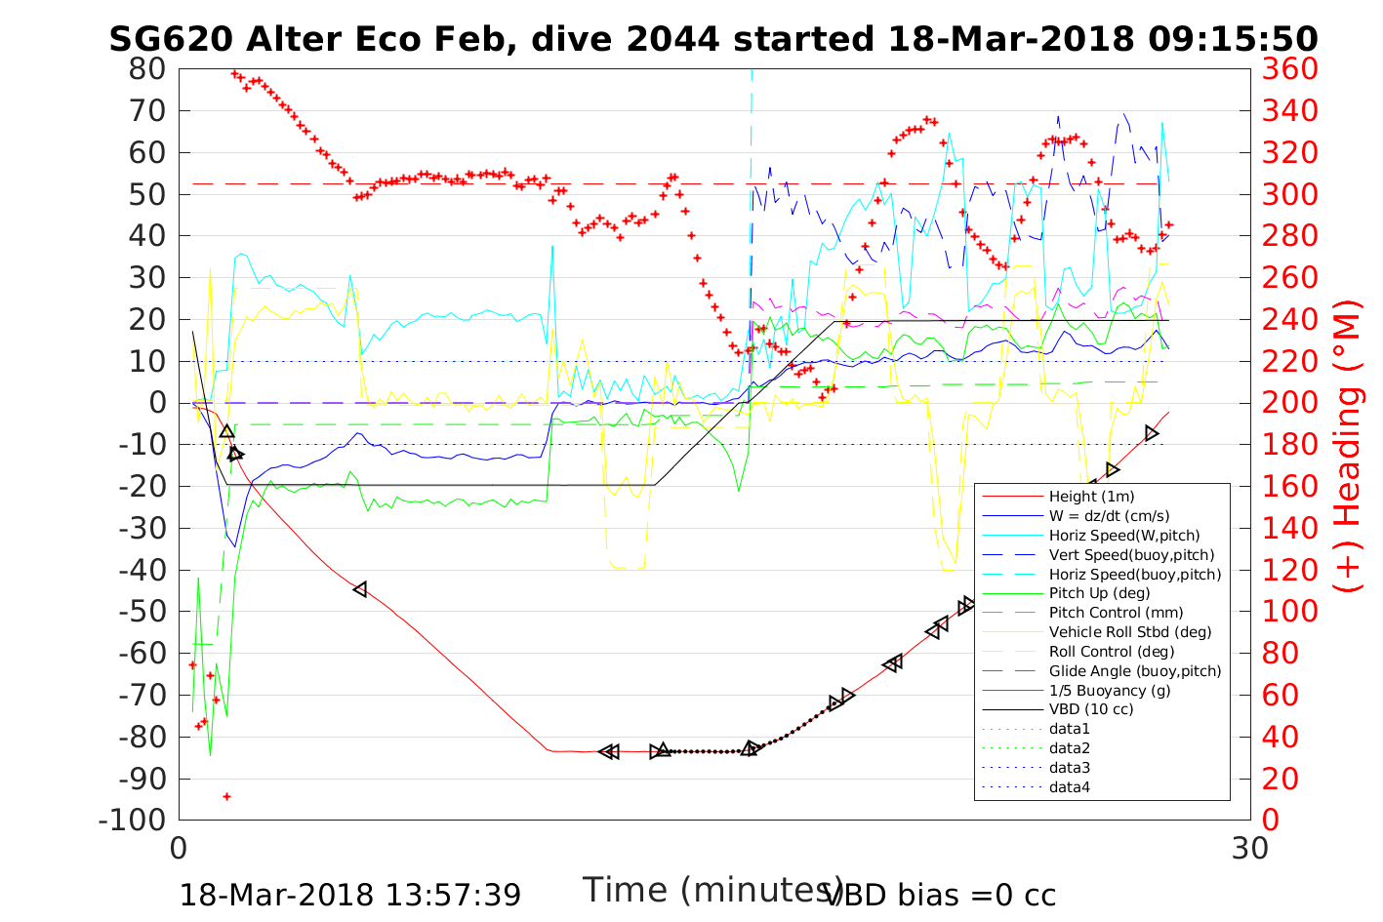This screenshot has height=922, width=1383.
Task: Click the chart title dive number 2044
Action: point(672,39)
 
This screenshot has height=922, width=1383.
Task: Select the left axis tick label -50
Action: point(142,612)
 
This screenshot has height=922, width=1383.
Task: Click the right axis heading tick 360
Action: point(1290,69)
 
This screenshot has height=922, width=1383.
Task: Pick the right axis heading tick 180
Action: point(1290,445)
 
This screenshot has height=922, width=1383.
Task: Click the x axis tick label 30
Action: point(1250,848)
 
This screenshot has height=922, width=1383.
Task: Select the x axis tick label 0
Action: point(179,848)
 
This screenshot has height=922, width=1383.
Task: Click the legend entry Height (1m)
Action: point(1091,497)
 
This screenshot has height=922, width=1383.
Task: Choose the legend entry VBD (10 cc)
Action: point(1091,709)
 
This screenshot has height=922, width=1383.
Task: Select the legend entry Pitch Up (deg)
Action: point(1099,593)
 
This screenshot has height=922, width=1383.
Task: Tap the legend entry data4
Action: point(1069,787)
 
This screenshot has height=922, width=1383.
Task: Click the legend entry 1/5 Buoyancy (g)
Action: point(1110,690)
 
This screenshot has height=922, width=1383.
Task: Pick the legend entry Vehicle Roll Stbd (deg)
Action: point(1130,632)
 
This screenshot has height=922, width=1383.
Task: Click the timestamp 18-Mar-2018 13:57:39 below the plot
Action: point(349,895)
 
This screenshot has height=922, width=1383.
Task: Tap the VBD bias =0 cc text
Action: point(940,895)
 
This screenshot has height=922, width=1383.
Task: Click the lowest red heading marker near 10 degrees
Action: point(226,796)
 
